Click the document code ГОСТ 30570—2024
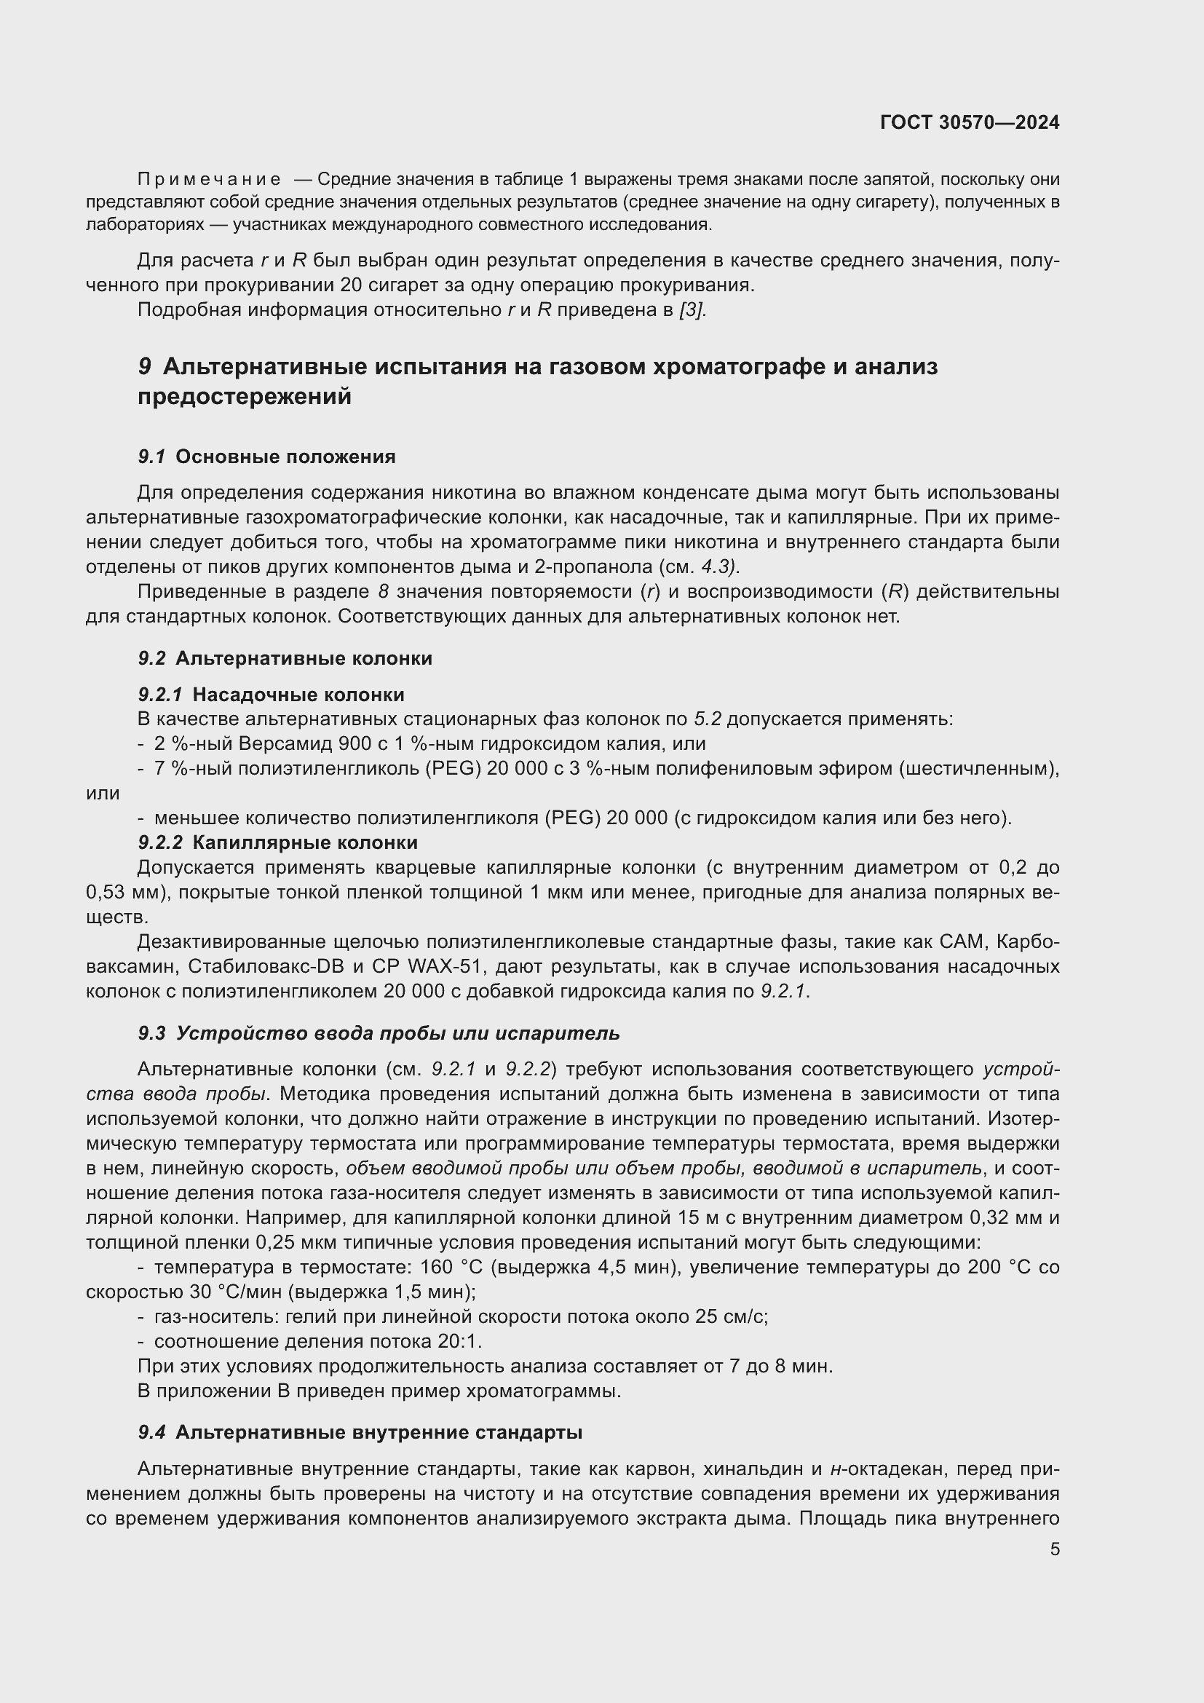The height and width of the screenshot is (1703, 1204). click(970, 122)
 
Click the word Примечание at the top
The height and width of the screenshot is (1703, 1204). click(209, 180)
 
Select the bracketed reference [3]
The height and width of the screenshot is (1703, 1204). click(692, 310)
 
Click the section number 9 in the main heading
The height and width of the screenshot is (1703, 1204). click(145, 366)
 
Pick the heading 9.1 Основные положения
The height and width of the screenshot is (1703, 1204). click(267, 457)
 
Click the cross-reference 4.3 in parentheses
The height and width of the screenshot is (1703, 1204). click(717, 566)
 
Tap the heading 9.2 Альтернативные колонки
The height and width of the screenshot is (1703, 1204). click(285, 659)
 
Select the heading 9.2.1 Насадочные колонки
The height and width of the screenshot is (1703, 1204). click(272, 695)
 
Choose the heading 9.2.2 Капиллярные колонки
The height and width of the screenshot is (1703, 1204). click(278, 842)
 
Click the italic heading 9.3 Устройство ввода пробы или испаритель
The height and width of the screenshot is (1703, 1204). click(379, 1033)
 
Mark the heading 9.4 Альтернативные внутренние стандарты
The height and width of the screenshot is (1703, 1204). click(360, 1432)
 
